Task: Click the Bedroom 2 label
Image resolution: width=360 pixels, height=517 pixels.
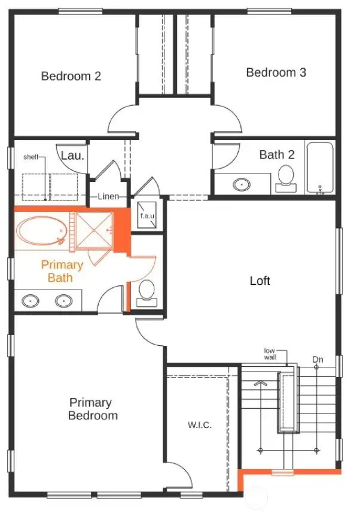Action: tap(71, 76)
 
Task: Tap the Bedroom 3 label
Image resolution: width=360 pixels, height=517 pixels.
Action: tap(276, 72)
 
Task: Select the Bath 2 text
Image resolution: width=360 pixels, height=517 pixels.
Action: tap(277, 154)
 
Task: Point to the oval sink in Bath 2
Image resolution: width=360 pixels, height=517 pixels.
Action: tap(242, 184)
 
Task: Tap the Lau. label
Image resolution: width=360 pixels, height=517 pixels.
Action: tap(73, 155)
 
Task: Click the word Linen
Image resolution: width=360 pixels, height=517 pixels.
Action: tap(112, 196)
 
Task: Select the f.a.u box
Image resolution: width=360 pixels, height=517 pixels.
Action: tap(147, 215)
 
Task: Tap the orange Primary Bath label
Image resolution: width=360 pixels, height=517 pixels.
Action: tap(62, 271)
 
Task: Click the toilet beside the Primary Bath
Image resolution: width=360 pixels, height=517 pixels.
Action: tap(147, 291)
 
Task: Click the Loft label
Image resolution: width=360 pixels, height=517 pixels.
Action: tap(260, 281)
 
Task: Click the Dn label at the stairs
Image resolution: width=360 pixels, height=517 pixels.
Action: tap(318, 359)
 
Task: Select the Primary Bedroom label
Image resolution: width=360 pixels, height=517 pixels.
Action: tap(93, 409)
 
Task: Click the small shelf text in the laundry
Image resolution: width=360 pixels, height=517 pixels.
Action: tap(30, 157)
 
